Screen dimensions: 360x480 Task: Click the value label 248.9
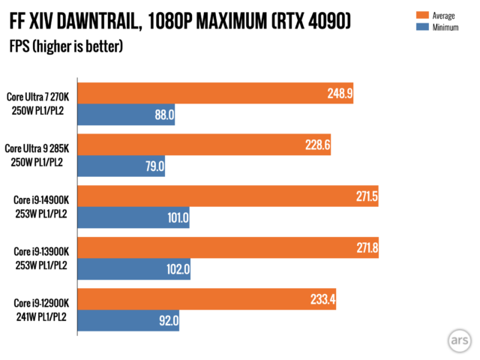(340, 94)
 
